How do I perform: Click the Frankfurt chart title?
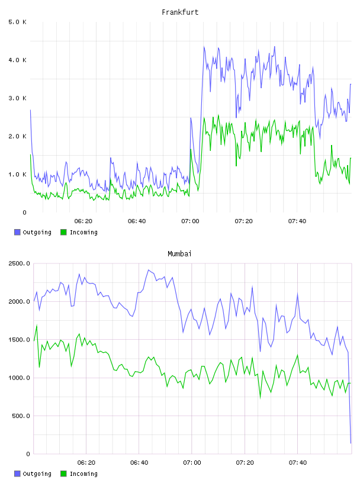[180, 12]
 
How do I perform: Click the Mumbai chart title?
[179, 254]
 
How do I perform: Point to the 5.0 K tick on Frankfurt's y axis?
[18, 22]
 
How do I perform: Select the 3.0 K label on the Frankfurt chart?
[18, 98]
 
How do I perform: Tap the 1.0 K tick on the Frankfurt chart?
[18, 175]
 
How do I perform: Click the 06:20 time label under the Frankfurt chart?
[83, 221]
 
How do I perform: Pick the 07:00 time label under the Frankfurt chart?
[190, 221]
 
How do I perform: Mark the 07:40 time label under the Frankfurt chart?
[297, 221]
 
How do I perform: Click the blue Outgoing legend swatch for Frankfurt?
[17, 232]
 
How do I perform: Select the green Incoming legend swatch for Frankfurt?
[63, 232]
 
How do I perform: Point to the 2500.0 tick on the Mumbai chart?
[20, 263]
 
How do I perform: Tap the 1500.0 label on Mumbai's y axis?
[20, 340]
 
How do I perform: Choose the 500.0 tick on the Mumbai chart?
[21, 416]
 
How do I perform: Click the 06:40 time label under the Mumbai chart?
[139, 463]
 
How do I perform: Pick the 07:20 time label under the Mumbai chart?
[245, 463]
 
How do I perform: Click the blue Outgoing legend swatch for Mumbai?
[17, 474]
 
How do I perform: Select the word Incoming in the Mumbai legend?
[83, 474]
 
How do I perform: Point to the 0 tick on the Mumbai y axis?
[28, 454]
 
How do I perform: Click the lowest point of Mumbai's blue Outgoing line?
[351, 443]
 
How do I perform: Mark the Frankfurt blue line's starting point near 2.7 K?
[31, 110]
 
